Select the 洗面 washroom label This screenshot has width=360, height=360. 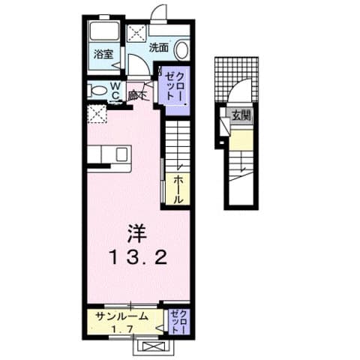157,46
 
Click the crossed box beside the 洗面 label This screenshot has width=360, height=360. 137,33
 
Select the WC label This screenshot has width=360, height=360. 116,91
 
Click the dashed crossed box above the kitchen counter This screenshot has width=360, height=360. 97,115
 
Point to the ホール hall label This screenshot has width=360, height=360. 180,190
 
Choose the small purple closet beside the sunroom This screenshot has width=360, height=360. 178,321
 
